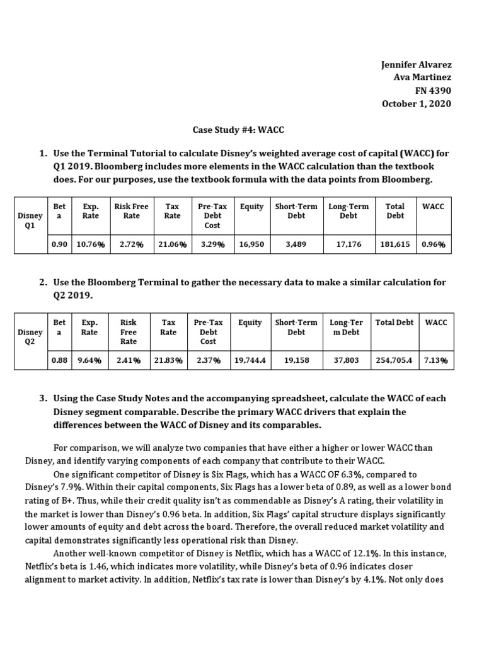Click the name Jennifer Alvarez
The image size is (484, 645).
417,65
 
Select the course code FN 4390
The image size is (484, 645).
434,91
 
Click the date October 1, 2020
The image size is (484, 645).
417,104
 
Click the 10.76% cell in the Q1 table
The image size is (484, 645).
89,244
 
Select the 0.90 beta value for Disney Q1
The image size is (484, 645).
59,244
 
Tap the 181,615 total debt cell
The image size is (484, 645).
396,244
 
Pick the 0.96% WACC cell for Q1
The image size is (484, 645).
434,244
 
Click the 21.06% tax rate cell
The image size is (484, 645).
172,244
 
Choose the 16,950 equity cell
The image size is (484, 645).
251,244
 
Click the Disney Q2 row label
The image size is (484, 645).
30,337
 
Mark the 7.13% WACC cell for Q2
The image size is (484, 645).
435,360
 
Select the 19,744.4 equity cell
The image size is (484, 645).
250,360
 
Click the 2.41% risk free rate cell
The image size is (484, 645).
129,360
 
